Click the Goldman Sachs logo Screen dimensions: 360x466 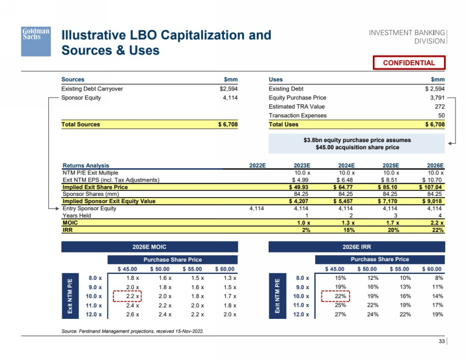point(36,40)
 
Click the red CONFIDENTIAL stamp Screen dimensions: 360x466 point(408,63)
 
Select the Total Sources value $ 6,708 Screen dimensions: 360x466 point(228,125)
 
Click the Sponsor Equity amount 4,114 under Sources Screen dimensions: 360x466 point(229,98)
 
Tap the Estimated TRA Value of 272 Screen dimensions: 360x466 point(439,106)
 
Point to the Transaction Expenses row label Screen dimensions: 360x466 point(297,115)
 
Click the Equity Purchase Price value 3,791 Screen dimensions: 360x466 point(437,98)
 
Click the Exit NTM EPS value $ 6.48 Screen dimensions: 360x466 point(345,180)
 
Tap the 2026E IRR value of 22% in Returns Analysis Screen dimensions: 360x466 point(437,230)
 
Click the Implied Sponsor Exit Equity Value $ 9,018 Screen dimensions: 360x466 point(431,201)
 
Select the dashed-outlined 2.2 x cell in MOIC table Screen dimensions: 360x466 point(127,296)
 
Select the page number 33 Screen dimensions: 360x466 point(441,342)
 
